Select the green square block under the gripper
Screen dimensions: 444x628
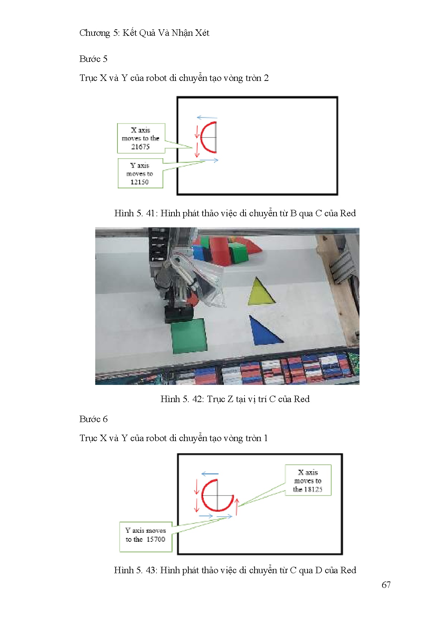point(189,335)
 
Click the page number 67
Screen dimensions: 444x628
point(386,585)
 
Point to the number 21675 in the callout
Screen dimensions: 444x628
point(140,146)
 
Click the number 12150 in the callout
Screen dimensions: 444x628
point(139,182)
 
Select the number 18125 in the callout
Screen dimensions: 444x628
point(313,489)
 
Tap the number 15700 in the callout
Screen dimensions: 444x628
point(156,539)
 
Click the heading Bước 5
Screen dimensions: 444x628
point(93,59)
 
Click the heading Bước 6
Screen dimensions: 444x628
point(93,419)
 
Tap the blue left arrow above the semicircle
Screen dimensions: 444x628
point(207,117)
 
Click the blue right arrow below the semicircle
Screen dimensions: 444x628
point(209,161)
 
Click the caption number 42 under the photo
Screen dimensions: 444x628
point(197,399)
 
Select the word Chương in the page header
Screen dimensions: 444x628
point(95,33)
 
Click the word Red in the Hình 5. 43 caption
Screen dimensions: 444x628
point(348,570)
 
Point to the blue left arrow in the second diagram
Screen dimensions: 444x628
point(210,474)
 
